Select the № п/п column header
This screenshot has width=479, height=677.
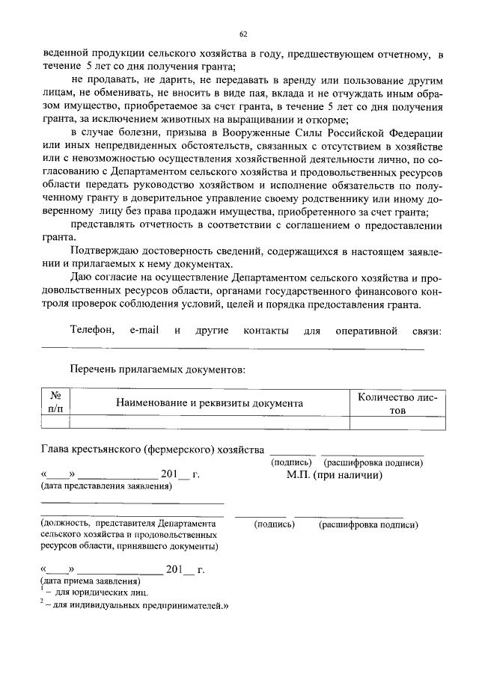pos(55,402)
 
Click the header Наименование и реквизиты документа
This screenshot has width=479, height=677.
pos(209,403)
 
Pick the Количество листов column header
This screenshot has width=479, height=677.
pos(397,403)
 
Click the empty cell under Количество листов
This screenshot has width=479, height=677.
pos(397,423)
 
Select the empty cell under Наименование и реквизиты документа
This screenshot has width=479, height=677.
pos(209,423)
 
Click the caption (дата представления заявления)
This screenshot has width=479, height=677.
pos(106,488)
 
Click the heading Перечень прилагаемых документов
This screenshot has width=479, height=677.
pos(157,369)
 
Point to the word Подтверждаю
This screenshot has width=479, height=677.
pos(103,251)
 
